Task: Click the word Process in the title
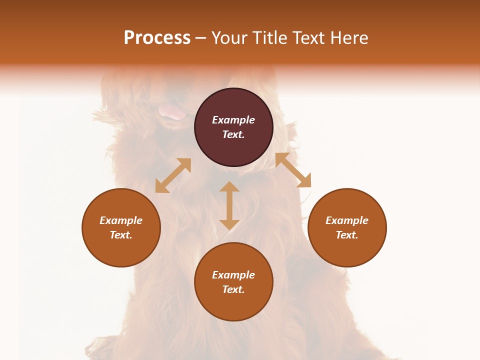157,38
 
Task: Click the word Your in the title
230,38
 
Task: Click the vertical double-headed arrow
229,205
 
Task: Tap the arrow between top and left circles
173,175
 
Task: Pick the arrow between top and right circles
293,170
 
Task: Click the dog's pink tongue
172,113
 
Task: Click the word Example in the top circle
233,120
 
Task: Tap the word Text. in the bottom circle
233,289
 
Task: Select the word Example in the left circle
121,220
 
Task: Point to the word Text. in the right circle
347,235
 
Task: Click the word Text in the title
309,38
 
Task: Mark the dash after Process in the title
200,38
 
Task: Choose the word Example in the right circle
347,220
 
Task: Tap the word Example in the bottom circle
233,275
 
